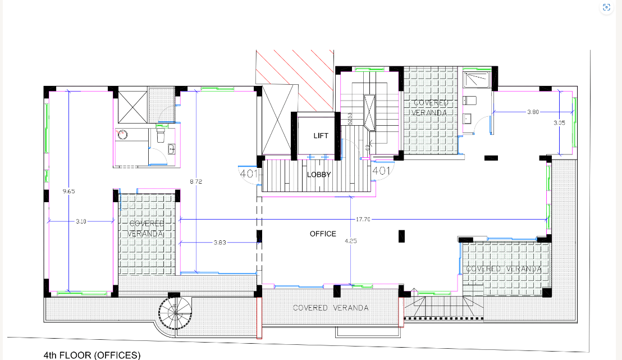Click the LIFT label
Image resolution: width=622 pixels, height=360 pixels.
[x=321, y=136]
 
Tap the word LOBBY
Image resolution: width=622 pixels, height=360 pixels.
[x=319, y=175]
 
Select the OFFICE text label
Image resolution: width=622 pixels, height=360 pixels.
[x=323, y=234]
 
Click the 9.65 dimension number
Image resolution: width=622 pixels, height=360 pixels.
[x=68, y=191]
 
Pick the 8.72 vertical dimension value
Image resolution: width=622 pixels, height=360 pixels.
[x=195, y=181]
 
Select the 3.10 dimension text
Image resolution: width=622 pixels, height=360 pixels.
[x=81, y=222]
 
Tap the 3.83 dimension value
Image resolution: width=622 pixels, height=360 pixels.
[x=219, y=243]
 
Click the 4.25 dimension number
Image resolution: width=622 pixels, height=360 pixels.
[x=351, y=240]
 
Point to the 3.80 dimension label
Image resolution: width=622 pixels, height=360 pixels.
[x=533, y=112]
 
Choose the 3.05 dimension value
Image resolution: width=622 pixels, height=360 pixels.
[x=559, y=122]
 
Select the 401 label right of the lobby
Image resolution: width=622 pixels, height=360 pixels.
[x=381, y=170]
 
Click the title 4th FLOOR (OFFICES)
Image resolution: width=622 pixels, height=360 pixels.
[x=92, y=355]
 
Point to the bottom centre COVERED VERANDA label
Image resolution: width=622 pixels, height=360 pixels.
[x=331, y=308]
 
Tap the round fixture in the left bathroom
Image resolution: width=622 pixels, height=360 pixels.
[x=124, y=134]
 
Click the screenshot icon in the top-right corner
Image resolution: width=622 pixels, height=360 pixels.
[x=606, y=7]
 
